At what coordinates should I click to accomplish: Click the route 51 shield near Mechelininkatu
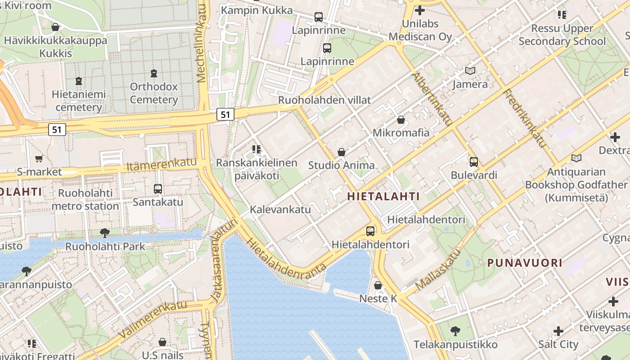[x=225, y=114]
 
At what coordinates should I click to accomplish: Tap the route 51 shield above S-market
[x=57, y=130]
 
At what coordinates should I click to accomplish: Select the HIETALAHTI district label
[x=383, y=196]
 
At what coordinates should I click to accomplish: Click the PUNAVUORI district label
[x=524, y=263]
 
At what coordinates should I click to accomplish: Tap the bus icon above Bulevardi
[x=473, y=162]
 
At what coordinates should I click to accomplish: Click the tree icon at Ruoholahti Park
[x=105, y=233]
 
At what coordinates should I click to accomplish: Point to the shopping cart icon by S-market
[x=39, y=158]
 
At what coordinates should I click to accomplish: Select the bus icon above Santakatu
[x=157, y=189]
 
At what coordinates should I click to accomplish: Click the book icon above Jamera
[x=470, y=71]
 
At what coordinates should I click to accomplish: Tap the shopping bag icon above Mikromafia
[x=400, y=120]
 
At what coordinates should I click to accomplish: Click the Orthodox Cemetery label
[x=154, y=93]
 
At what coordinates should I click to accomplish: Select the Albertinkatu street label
[x=432, y=99]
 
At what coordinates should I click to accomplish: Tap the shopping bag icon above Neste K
[x=378, y=285]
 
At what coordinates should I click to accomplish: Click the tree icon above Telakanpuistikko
[x=455, y=331]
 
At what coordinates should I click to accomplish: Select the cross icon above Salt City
[x=558, y=331]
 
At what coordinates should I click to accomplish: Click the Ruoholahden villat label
[x=324, y=100]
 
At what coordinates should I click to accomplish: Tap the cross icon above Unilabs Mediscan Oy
[x=420, y=10]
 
